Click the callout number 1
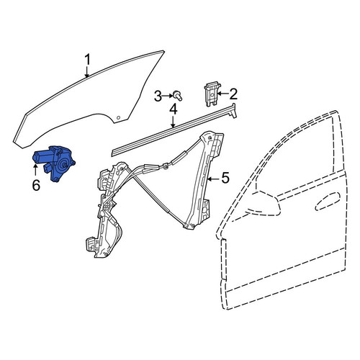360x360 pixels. (x=88, y=60)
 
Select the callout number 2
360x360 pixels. (x=233, y=94)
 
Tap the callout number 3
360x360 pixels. (x=158, y=96)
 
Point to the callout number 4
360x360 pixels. (x=174, y=109)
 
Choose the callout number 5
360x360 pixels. (x=225, y=178)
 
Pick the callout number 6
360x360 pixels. (x=36, y=185)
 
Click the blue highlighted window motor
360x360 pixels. (x=54, y=163)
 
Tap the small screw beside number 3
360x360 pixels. (x=178, y=96)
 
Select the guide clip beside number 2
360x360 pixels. (x=212, y=94)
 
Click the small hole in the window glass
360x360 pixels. (x=118, y=117)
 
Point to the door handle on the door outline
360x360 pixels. (x=328, y=202)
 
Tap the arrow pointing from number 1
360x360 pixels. (x=87, y=71)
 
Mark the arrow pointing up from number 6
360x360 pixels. (x=35, y=171)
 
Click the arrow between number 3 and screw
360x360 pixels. (x=168, y=96)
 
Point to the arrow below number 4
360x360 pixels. (x=174, y=122)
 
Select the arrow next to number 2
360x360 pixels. (x=222, y=94)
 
